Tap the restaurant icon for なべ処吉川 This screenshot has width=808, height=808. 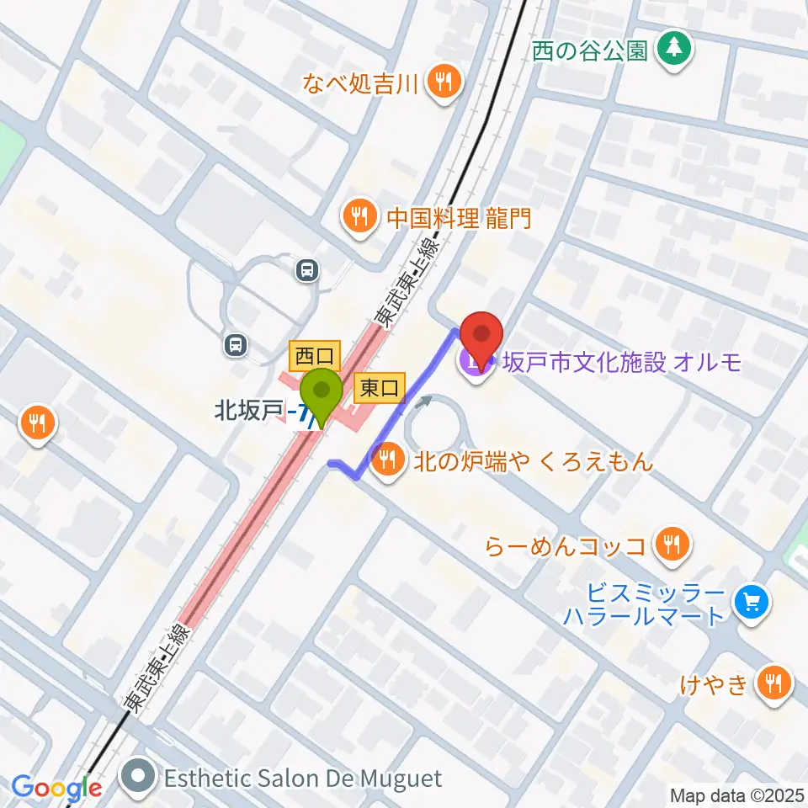[x=444, y=82]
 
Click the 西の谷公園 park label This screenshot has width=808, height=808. [x=590, y=50]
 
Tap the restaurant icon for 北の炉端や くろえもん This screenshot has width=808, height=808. [x=386, y=460]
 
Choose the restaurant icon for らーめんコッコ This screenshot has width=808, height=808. [x=671, y=545]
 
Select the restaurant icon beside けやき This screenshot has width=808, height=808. [x=772, y=683]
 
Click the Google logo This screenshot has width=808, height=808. [x=56, y=788]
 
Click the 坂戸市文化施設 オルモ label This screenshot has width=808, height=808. [x=622, y=363]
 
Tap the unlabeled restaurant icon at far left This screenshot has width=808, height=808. [x=38, y=422]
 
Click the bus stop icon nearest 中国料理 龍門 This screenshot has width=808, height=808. [x=307, y=270]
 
